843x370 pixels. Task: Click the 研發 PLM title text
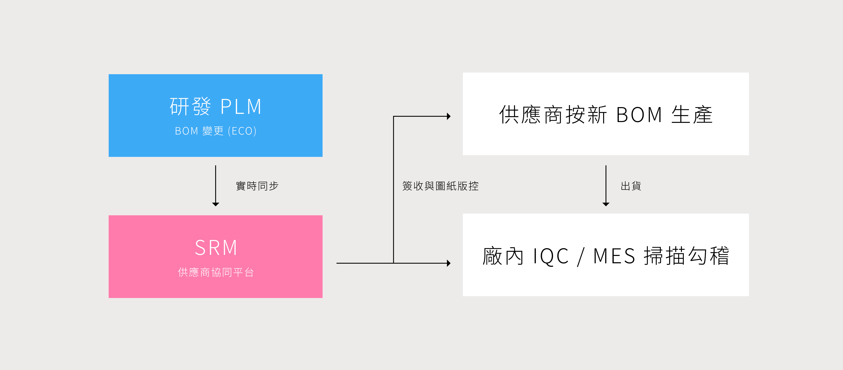(216, 107)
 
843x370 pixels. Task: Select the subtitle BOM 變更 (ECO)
(216, 131)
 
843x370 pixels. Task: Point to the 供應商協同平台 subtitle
(216, 272)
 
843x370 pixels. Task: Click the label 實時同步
(257, 186)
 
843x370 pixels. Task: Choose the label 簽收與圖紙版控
(440, 186)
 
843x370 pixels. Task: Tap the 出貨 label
(631, 186)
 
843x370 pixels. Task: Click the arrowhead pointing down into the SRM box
(216, 204)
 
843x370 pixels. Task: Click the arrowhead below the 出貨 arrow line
(606, 204)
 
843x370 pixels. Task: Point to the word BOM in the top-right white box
(639, 115)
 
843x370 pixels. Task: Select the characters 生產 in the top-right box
(692, 115)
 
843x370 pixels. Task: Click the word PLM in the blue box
(241, 107)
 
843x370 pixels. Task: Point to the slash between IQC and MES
(581, 257)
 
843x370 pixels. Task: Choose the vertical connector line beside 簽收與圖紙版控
(393, 189)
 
